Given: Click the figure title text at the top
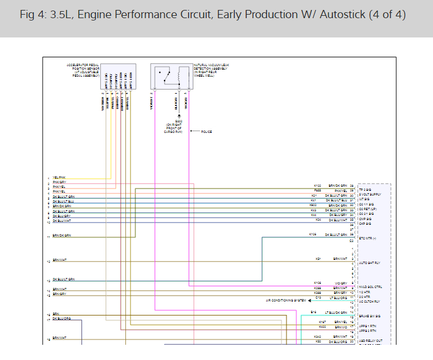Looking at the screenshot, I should (x=212, y=15).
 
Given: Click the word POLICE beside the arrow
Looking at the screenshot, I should (x=206, y=132).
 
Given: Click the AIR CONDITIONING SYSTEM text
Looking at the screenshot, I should (x=285, y=300).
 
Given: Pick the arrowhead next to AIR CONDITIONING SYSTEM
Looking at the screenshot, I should (x=309, y=300).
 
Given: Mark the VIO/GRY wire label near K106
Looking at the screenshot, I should (x=342, y=283).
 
